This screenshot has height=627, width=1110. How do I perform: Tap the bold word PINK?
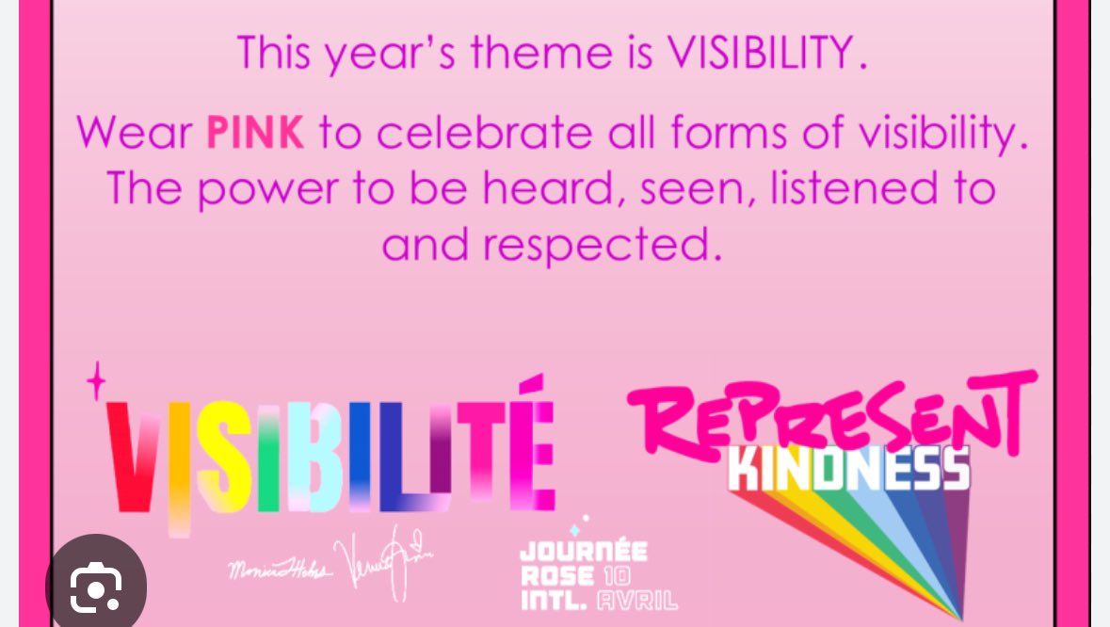pyautogui.click(x=255, y=133)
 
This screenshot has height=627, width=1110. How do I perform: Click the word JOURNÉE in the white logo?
pyautogui.click(x=583, y=552)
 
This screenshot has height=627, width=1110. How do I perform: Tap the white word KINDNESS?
pyautogui.click(x=849, y=468)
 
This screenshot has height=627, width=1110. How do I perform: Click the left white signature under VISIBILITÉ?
pyautogui.click(x=278, y=569)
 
